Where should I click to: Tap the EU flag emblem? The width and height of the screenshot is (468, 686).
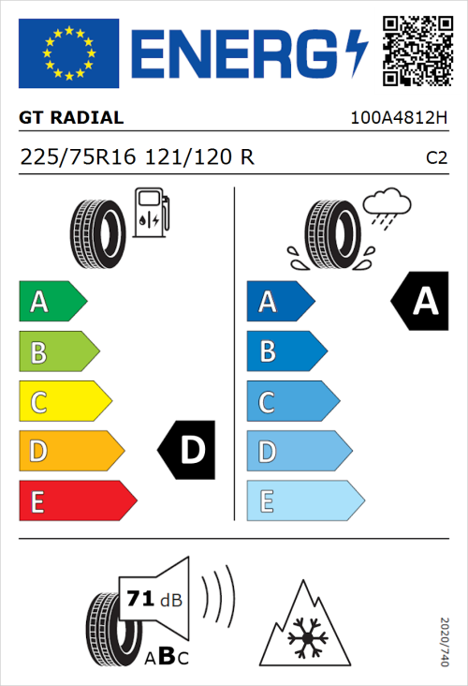pos(69,52)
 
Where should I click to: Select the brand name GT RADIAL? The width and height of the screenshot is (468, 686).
pos(71,118)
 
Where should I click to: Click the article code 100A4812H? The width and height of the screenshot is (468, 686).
pos(399,119)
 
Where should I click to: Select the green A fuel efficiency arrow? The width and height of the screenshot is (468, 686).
pos(51,302)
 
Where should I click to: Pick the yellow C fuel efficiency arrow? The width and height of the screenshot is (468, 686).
pos(64,402)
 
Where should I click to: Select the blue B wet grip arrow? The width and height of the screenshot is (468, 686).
pos(286,352)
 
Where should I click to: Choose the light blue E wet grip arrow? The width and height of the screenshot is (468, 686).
pos(304,501)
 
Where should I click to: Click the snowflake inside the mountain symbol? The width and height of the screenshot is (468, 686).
pos(302,640)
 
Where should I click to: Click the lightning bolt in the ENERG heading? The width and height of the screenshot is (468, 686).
pos(353,52)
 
